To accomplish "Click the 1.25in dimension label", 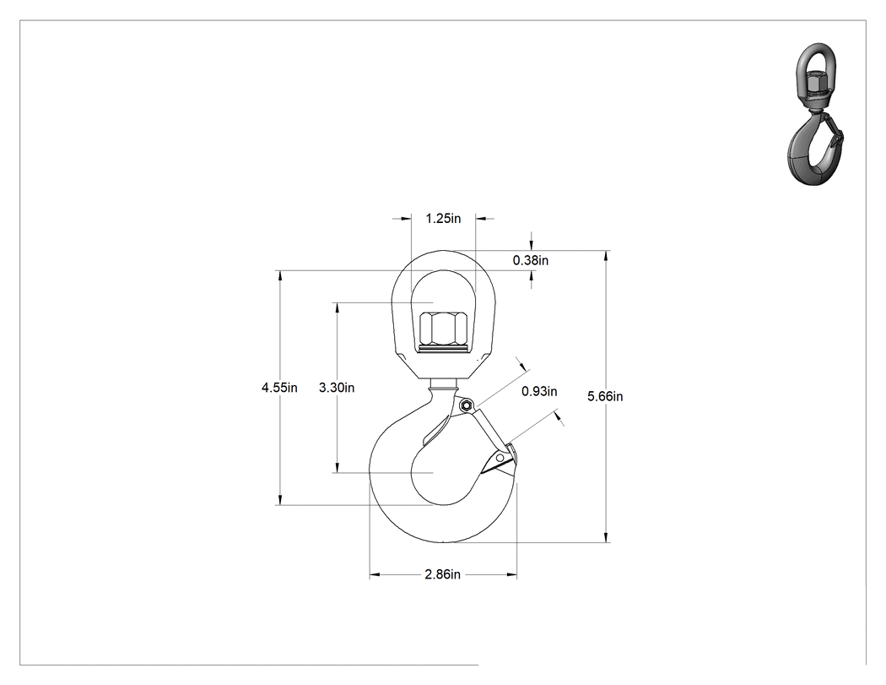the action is coord(443,219).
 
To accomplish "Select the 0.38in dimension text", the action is coord(531,260).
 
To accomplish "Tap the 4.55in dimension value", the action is coord(279,388).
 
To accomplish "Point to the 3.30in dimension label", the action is coord(337,388).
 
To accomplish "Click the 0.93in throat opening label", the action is coord(539,391).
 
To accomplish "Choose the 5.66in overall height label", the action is coord(605,396).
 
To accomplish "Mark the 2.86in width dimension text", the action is coord(442,574).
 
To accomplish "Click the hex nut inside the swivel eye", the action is coord(443,328).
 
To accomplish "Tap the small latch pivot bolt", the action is coord(466,405).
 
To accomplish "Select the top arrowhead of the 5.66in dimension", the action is coord(607,256).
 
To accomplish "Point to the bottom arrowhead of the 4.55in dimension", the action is coord(279,500).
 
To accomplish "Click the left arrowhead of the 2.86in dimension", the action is coord(375,574).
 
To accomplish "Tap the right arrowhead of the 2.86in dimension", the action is coord(512,574).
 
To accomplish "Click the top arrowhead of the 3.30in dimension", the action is coord(338,307).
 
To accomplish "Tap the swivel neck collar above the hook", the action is coord(444,385).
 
